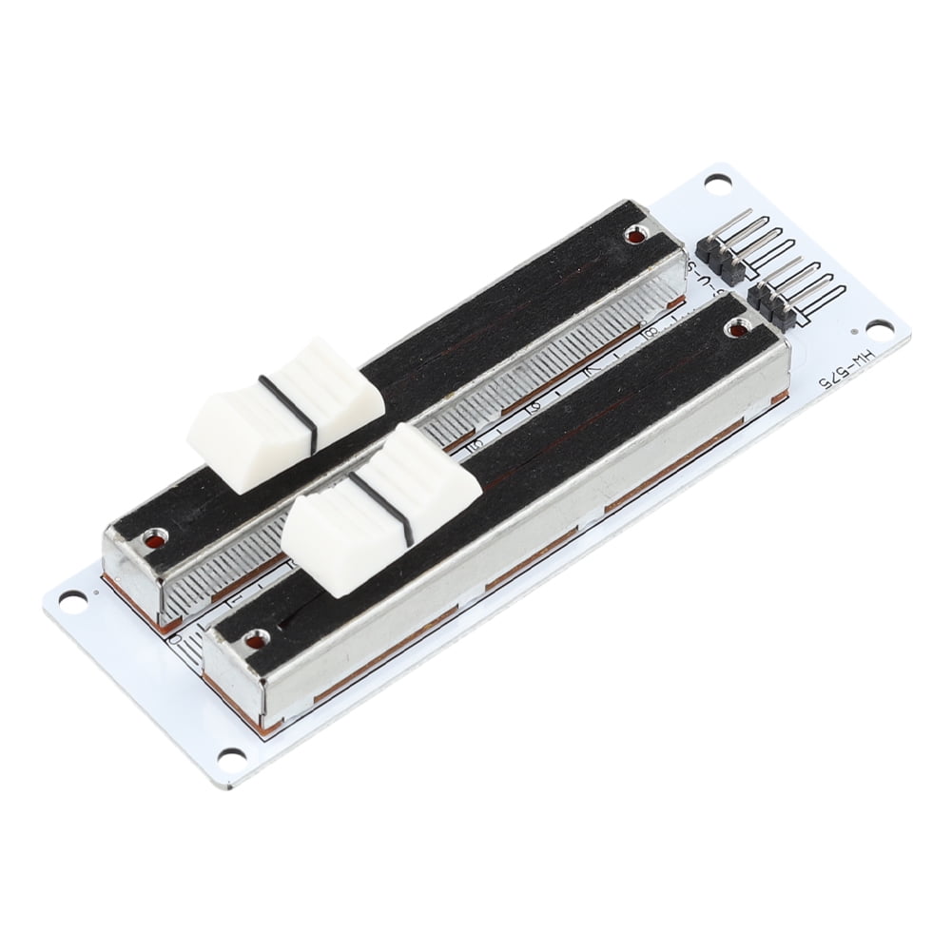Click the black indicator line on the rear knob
point(286,417)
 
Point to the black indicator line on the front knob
point(380,514)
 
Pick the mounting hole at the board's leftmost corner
point(74,600)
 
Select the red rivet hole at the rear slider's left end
point(152,543)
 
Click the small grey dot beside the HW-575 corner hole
point(853,332)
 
